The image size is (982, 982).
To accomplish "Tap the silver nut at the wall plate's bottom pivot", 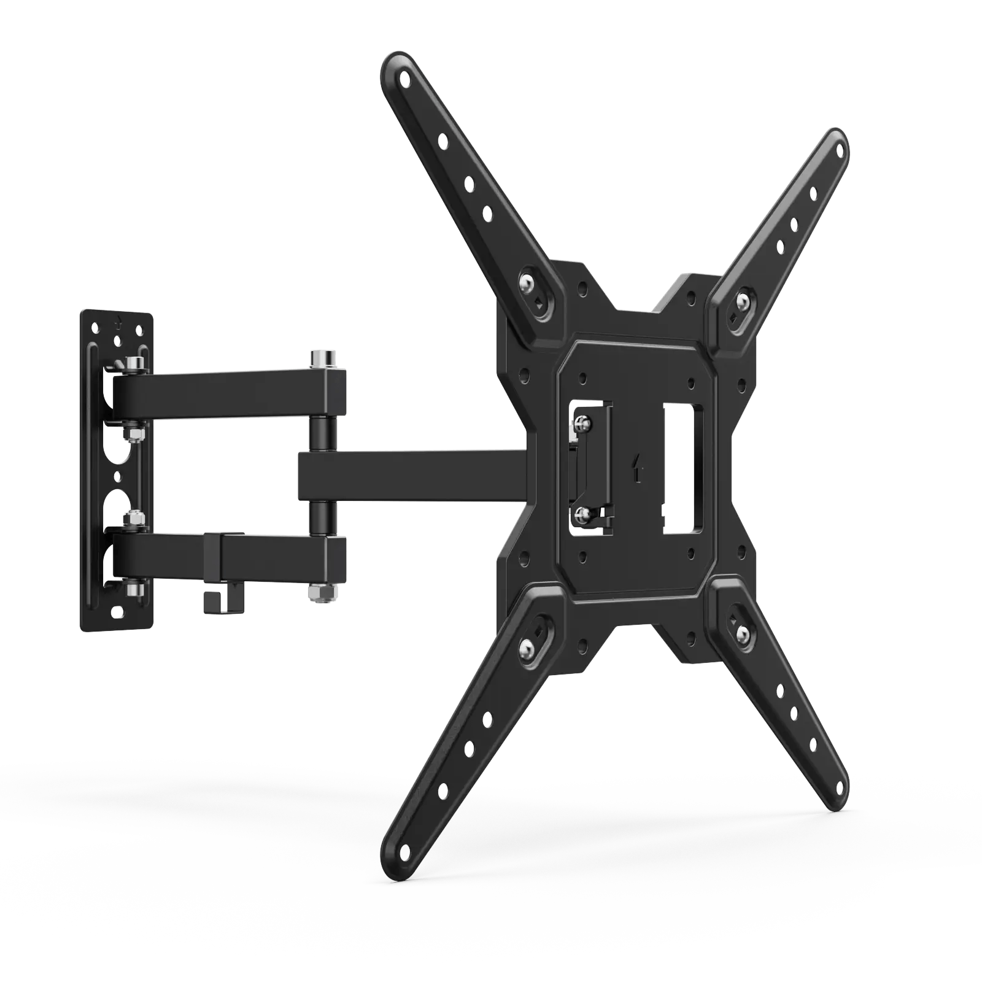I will click(x=134, y=590).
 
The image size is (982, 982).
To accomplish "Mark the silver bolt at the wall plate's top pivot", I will click(x=134, y=365).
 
